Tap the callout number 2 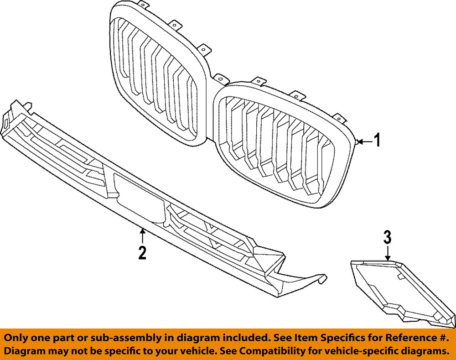click(142, 252)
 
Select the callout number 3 click(387, 237)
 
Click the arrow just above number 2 click(142, 235)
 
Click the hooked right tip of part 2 click(319, 278)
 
